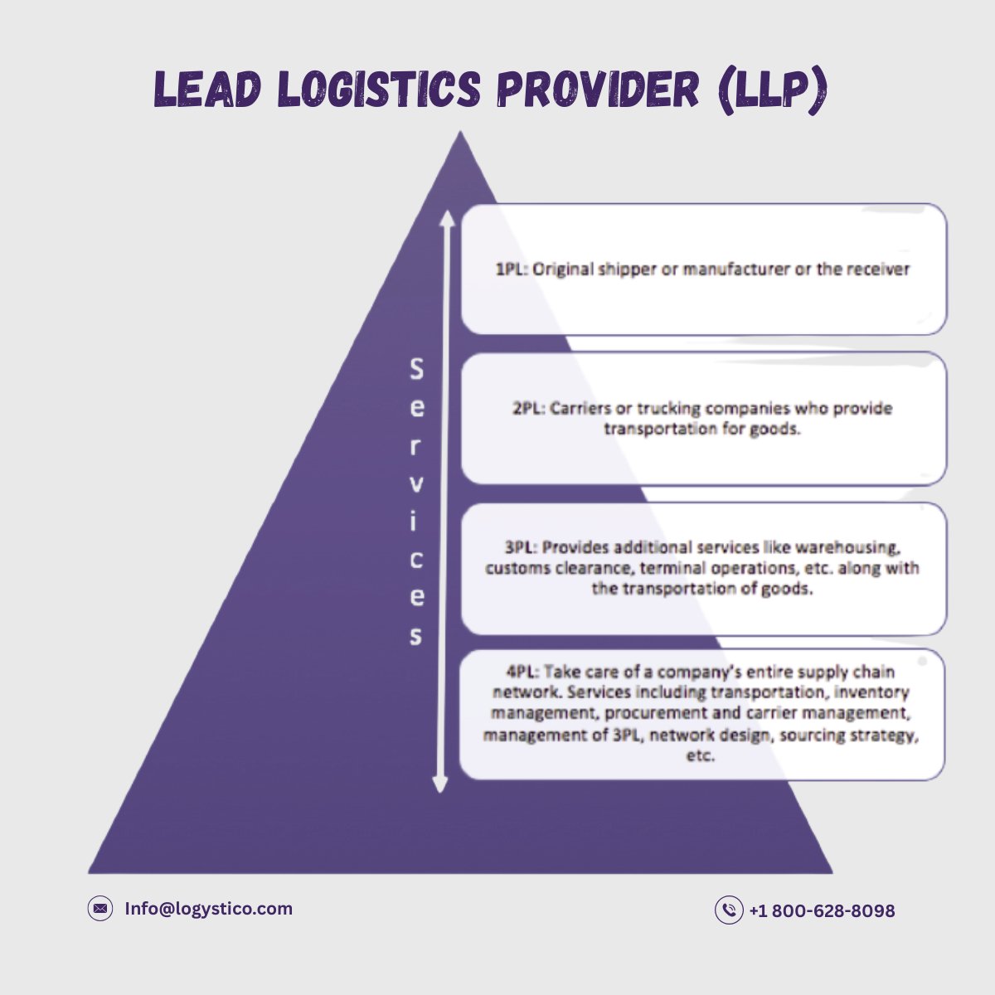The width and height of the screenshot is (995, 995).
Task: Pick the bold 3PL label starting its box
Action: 521,547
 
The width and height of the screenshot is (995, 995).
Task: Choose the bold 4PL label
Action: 522,672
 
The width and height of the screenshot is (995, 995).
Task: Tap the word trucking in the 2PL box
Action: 668,409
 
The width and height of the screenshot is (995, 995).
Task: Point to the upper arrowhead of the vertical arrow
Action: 447,218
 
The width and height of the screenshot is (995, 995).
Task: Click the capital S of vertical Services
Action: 416,370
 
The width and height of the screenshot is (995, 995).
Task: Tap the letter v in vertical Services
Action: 416,484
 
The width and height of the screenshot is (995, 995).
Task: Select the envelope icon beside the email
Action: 100,909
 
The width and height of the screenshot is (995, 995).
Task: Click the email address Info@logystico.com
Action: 208,909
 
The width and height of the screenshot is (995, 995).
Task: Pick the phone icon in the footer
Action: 728,910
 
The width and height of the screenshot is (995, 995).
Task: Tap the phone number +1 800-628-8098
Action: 822,911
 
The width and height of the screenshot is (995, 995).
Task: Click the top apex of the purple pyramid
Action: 460,134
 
